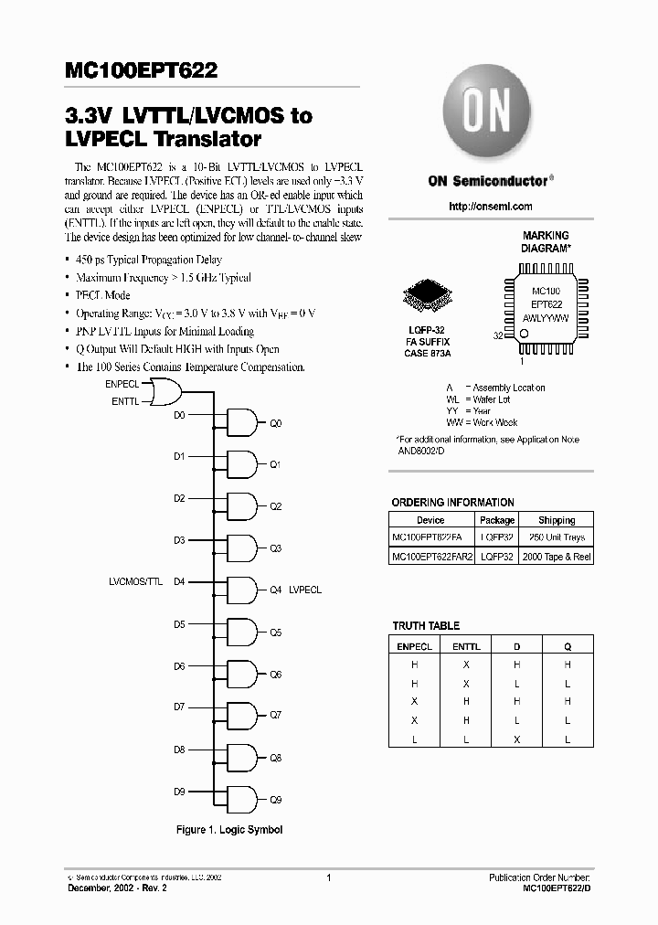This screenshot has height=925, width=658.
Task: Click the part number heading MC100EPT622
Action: (x=141, y=72)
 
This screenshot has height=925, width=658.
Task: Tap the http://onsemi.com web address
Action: (x=491, y=207)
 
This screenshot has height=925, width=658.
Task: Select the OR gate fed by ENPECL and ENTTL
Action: (x=165, y=393)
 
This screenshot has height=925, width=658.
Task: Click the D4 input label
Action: (x=179, y=581)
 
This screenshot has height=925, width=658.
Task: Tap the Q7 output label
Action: (x=275, y=716)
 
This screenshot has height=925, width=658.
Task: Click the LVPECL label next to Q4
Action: (x=305, y=590)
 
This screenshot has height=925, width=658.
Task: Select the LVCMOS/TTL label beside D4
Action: (x=135, y=581)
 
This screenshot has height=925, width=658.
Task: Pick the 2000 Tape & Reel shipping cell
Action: (x=557, y=556)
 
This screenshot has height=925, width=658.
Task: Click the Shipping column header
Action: (x=557, y=520)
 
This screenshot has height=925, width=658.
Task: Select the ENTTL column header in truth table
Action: (x=466, y=646)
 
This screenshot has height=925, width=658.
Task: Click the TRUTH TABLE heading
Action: (x=426, y=626)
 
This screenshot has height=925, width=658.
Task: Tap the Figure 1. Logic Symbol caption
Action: (x=229, y=830)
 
